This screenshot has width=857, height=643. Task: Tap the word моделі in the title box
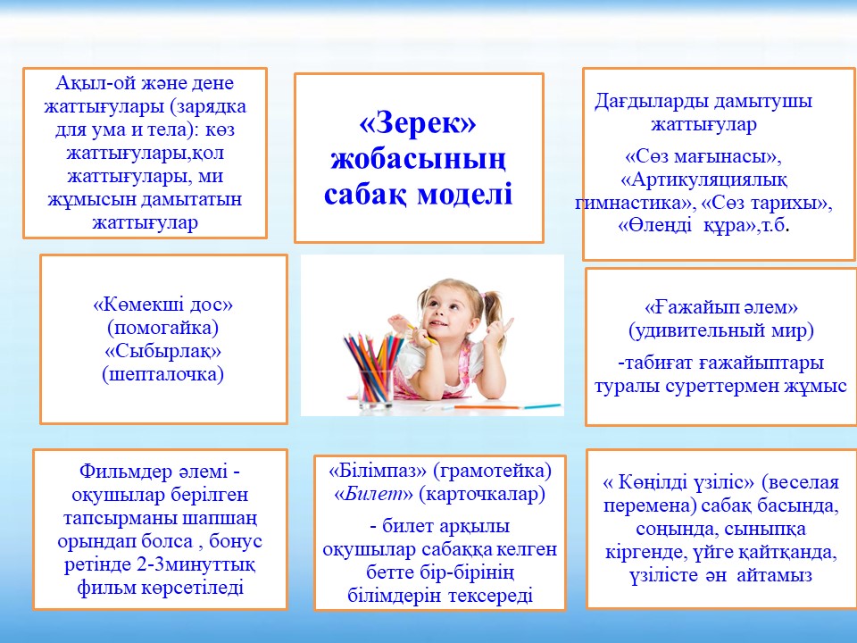464,194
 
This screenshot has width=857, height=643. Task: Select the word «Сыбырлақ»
162,350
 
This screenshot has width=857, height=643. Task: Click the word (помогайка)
162,328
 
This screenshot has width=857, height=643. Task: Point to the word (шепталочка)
162,374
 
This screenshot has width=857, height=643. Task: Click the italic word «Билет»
374,494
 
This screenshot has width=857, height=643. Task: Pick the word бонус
236,541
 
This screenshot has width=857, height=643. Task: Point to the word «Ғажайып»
688,307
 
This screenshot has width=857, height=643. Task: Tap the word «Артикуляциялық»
704,180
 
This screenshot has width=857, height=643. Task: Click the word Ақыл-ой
90,83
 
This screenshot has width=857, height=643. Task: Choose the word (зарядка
208,106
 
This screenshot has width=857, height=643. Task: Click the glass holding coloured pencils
376,388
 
